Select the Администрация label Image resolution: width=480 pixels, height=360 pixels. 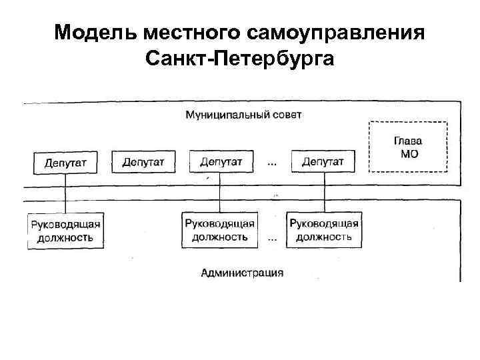coord(242,272)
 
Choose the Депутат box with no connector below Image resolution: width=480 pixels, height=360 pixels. coord(143,161)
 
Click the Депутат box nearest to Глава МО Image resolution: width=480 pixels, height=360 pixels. coord(323,161)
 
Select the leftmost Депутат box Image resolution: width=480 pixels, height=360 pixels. coord(65,162)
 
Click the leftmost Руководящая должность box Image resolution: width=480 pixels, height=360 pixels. coord(65,231)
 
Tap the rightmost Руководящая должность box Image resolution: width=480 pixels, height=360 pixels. coord(324,230)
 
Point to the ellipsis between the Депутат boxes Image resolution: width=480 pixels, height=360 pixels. coord(273,162)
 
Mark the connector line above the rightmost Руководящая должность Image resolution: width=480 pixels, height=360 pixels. coord(324,195)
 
